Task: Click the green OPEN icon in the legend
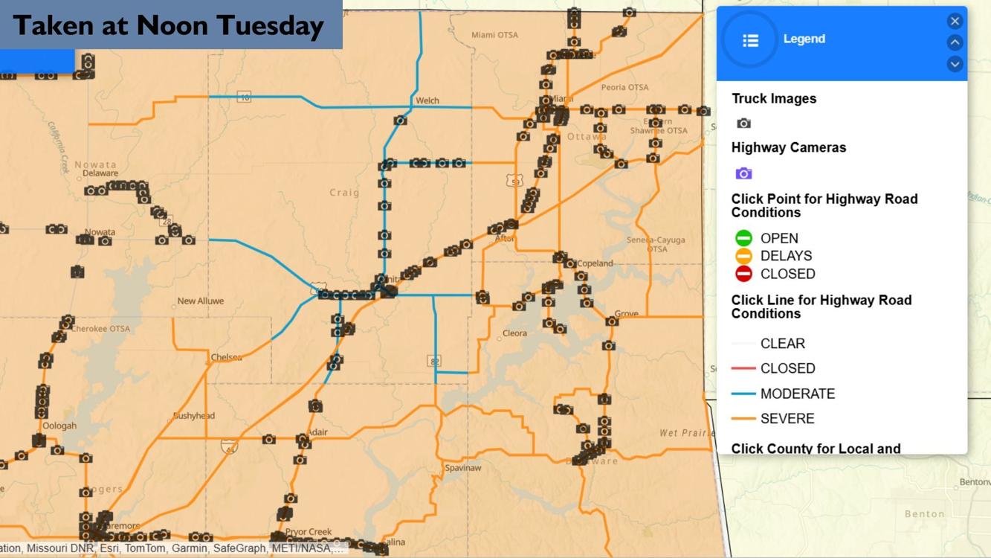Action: (743, 238)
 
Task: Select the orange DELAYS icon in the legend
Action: (743, 256)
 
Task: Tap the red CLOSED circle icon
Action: (743, 274)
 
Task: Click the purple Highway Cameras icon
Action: (743, 173)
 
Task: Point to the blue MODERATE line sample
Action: (743, 394)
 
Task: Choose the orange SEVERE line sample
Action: (743, 419)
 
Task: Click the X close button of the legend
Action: (955, 21)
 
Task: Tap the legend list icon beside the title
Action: (750, 40)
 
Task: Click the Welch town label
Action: (427, 100)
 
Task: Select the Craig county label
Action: (344, 193)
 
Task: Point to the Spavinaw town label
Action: (463, 468)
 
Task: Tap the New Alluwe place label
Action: (201, 301)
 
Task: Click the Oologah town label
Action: (59, 426)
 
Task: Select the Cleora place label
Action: (514, 333)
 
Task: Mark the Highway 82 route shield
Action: (434, 361)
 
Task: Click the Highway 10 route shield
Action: (245, 97)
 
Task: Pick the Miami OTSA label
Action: (494, 35)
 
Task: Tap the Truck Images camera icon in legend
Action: (743, 124)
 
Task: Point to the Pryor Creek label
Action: (309, 532)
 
